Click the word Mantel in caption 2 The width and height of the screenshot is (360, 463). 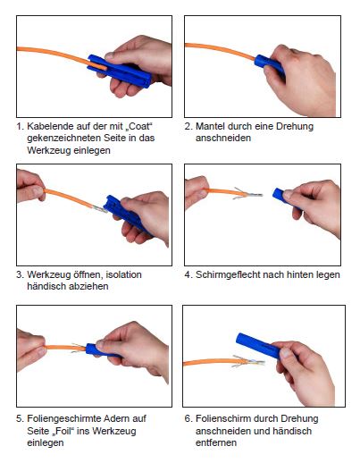click(210, 126)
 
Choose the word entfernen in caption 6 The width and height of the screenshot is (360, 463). click(216, 442)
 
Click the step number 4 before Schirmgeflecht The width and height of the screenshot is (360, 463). click(188, 274)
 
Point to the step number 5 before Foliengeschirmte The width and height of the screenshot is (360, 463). click(20, 418)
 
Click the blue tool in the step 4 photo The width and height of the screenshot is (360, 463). click(283, 197)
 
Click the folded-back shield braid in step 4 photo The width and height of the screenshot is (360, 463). click(239, 193)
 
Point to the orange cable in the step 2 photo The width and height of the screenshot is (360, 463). click(221, 50)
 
